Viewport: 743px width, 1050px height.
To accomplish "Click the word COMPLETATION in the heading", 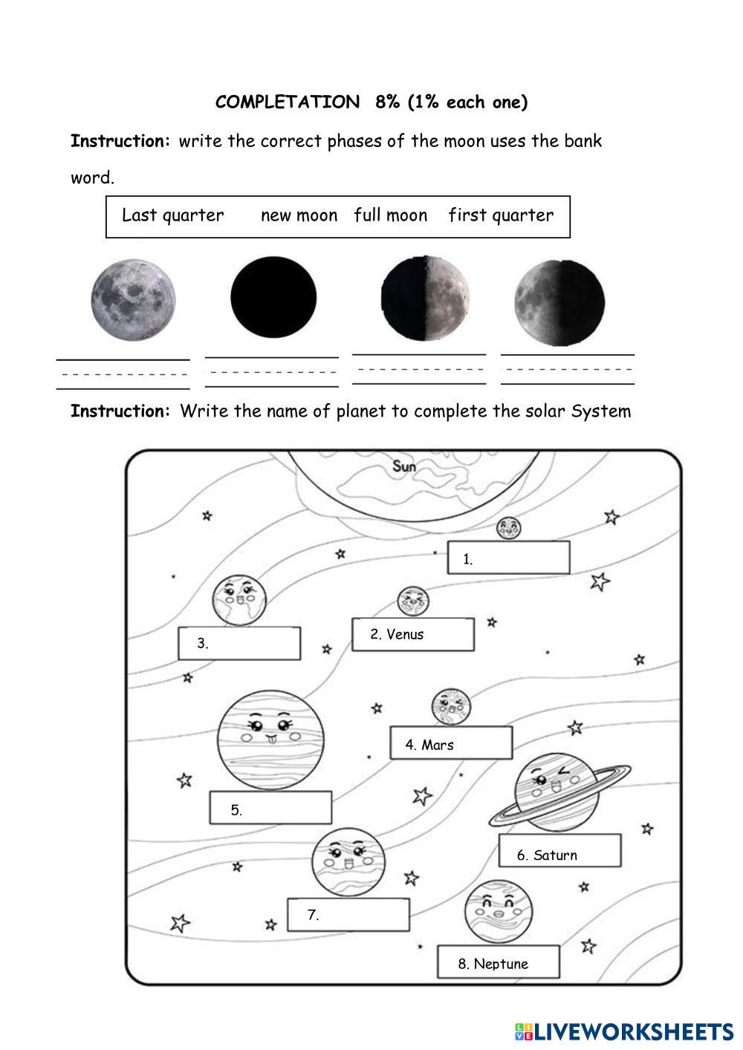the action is (x=288, y=102).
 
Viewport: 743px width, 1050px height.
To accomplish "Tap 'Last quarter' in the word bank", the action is (x=172, y=215).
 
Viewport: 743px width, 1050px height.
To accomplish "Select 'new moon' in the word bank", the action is (x=299, y=215).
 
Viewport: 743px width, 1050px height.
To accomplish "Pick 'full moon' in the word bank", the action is (x=390, y=215).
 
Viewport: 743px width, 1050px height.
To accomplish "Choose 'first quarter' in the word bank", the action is (x=501, y=215).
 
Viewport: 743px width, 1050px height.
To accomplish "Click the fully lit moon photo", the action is (x=133, y=299).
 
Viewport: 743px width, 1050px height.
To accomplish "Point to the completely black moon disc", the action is (x=273, y=297).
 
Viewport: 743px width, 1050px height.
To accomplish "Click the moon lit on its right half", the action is (x=425, y=298).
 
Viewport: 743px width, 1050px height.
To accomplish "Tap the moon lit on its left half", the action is (x=559, y=303).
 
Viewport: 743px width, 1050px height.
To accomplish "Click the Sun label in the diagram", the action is (x=404, y=466).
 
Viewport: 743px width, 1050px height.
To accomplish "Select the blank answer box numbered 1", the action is (x=508, y=558).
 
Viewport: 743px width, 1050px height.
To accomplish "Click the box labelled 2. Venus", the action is (x=413, y=634).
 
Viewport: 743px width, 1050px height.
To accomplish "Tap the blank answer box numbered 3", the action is (x=239, y=643).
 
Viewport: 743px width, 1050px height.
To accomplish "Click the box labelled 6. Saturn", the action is (x=559, y=852).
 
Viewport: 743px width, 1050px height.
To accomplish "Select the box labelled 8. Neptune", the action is (x=498, y=962).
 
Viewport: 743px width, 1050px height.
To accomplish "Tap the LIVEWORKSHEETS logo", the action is (x=624, y=1032).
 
